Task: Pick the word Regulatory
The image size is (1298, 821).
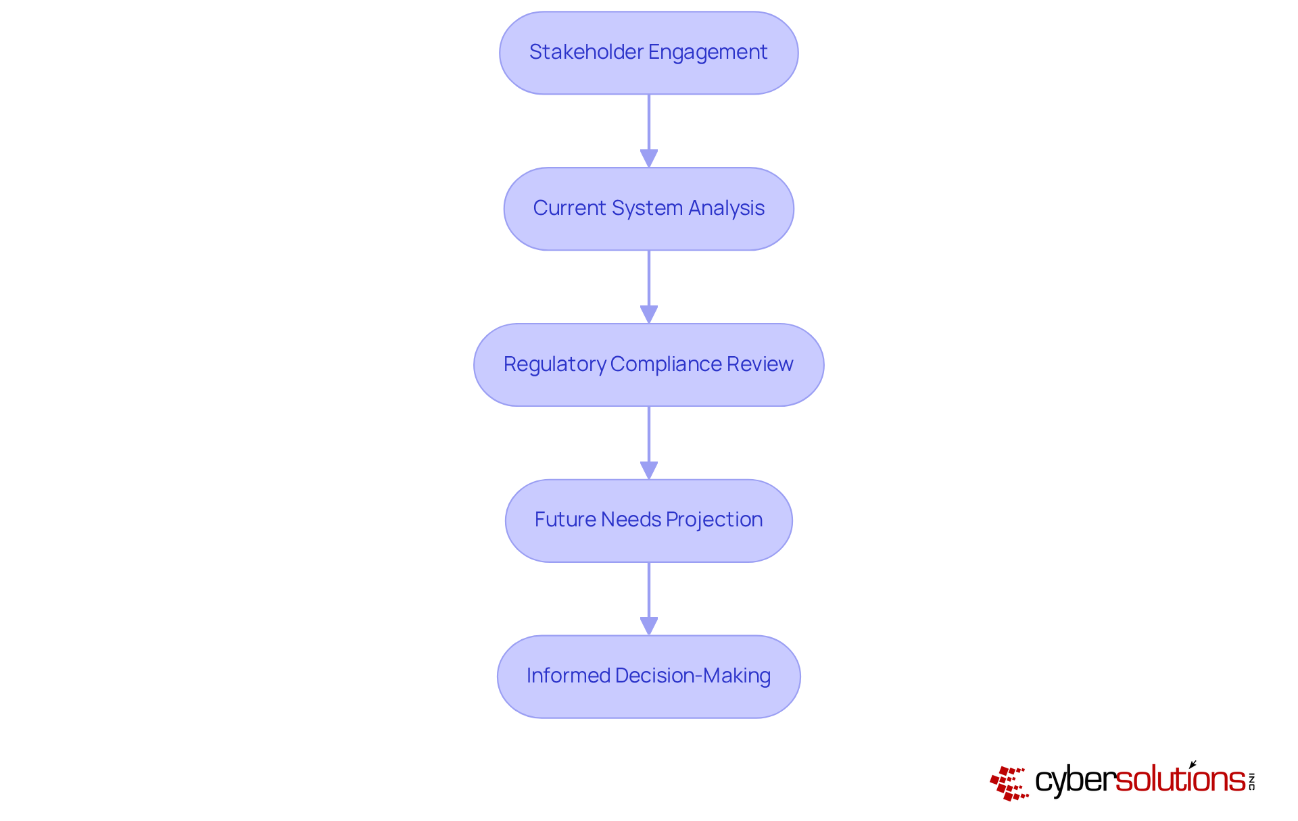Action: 554,364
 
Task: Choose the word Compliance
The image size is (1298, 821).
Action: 666,364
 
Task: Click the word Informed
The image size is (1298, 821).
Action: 568,676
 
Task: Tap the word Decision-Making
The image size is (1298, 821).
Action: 693,676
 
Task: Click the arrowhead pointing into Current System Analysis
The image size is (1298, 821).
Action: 649,159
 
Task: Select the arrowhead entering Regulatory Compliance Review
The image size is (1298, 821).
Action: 649,315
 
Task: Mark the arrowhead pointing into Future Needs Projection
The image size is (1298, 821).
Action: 649,471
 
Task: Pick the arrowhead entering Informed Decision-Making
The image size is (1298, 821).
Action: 649,626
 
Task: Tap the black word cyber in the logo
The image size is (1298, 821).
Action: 1075,780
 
